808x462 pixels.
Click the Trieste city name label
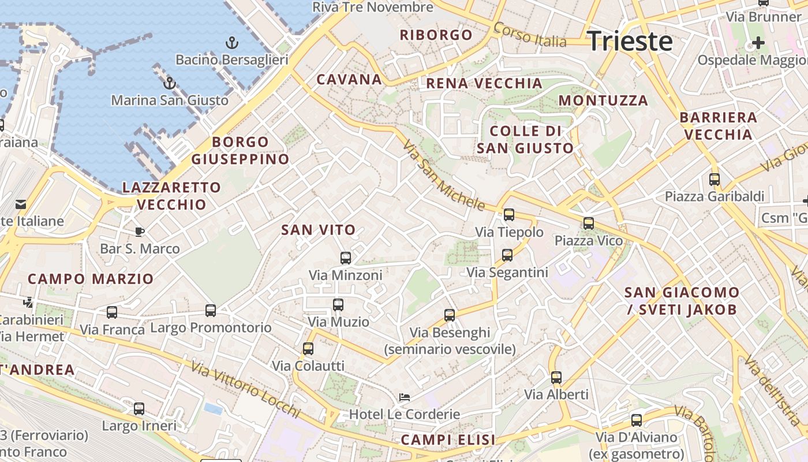coord(630,42)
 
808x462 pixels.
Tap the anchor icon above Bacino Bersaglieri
coord(231,43)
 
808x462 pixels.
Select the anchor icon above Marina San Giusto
coord(169,84)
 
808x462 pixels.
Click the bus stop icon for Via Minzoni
coord(346,258)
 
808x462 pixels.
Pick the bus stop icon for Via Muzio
coord(338,304)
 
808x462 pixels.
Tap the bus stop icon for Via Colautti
coord(308,348)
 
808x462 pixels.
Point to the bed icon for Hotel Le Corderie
coord(405,397)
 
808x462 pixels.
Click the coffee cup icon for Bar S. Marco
coord(139,232)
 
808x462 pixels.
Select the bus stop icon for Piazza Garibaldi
coord(715,179)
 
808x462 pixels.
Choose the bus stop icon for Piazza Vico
coord(589,223)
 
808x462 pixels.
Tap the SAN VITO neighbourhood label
coord(318,230)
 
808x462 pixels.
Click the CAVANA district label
coord(349,79)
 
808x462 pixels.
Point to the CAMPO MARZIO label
coord(91,279)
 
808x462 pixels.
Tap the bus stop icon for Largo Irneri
coord(139,408)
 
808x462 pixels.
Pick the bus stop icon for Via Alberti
coord(556,377)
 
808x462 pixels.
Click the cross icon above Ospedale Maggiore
coord(758,42)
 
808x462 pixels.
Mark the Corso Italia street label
coord(530,35)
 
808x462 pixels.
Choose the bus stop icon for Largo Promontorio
coord(211,310)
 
